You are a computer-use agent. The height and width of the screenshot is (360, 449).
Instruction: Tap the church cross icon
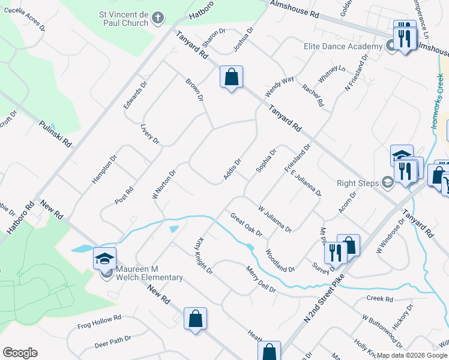coord(158,18)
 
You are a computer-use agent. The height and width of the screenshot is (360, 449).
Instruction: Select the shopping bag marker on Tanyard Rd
coord(231,77)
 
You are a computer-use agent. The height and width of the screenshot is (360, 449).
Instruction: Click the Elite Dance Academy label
coord(343,46)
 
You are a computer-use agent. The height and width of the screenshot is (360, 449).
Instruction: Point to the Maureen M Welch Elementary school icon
coord(104,259)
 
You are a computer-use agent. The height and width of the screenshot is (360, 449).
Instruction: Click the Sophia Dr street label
coord(266,160)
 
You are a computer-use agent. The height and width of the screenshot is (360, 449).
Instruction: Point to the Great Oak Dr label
coord(247,224)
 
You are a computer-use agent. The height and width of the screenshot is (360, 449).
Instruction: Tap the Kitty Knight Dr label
coord(203,254)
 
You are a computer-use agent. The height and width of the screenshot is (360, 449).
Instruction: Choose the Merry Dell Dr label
coord(261,280)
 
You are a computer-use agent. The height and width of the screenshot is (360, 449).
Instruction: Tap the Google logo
coord(20,353)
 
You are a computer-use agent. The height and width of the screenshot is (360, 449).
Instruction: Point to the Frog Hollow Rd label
coord(100,322)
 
